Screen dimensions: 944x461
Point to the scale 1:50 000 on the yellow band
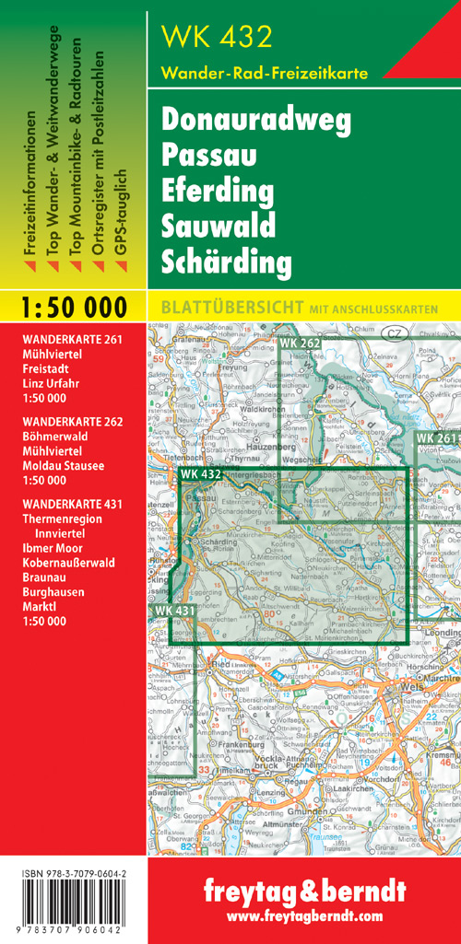[x=73, y=307]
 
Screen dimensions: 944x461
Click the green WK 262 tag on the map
[x=299, y=344]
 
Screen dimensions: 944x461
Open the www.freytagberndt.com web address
[x=304, y=917]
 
